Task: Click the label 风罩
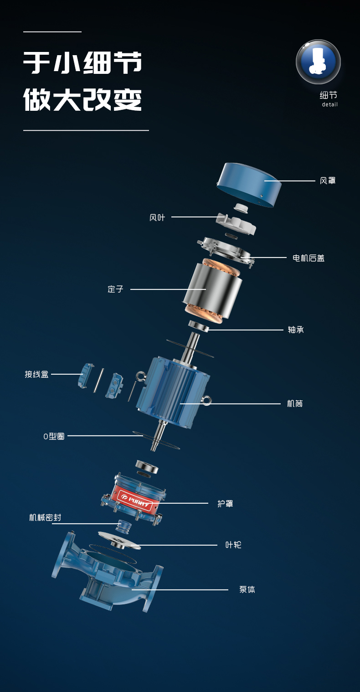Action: pos(327,181)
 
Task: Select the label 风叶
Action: pos(157,217)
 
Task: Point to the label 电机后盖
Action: pos(309,258)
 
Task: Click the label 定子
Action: pos(115,289)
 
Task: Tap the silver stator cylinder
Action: pos(212,290)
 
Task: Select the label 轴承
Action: pos(296,330)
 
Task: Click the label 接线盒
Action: pos(36,374)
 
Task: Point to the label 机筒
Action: pos(295,403)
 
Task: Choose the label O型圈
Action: pos(54,436)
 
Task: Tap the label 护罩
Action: pos(225,504)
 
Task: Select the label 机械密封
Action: pos(45,517)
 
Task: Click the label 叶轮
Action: pos(233,545)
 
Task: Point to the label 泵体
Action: pos(247,589)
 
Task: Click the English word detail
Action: pos(329,105)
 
